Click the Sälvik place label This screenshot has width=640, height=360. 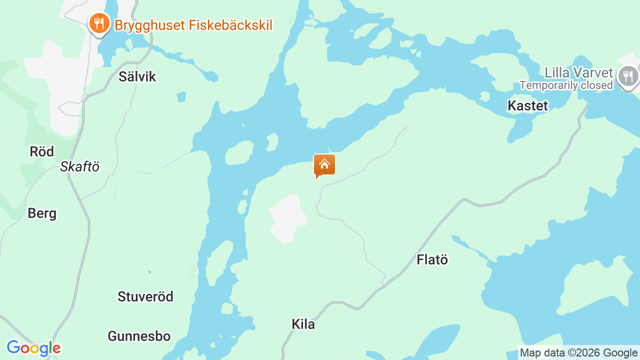(137, 76)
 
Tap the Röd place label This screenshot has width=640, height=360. (41, 151)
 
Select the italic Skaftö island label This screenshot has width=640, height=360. (79, 166)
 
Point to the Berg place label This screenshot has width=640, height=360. (42, 213)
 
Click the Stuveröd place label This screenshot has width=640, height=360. (145, 296)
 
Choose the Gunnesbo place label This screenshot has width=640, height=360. (139, 336)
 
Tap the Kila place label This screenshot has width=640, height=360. (303, 324)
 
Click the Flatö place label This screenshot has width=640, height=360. (432, 259)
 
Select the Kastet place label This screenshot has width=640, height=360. (527, 105)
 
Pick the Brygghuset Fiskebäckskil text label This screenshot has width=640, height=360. (193, 25)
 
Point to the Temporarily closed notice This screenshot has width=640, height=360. (566, 85)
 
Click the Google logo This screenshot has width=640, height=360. (33, 348)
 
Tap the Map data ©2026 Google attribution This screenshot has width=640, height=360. (578, 353)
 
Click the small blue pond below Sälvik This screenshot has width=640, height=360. (181, 96)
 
